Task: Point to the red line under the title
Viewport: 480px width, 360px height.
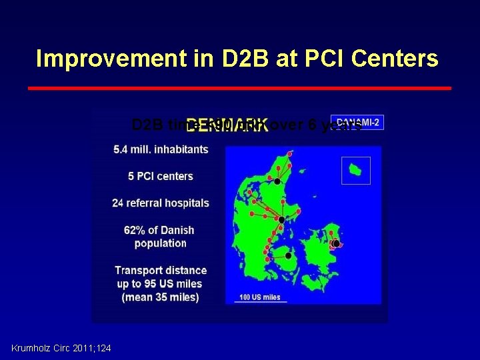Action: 240,87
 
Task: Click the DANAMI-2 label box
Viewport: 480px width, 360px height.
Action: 357,123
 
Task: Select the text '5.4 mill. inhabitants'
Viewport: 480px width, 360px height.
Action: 161,149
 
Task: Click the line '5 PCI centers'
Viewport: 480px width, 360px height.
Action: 161,176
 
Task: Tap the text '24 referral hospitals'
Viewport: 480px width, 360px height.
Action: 161,203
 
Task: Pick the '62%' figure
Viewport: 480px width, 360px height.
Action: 136,230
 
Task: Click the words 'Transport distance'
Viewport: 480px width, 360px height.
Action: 161,270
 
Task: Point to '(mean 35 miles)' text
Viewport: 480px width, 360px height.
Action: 161,297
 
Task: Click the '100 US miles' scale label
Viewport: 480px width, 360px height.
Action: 260,297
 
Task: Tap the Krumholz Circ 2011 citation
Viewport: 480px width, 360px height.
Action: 61,348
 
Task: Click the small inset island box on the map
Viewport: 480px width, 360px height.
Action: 355,170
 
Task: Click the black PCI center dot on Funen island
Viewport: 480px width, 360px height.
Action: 288,255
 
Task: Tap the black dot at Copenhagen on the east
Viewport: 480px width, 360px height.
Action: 336,244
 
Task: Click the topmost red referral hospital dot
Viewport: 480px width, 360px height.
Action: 289,154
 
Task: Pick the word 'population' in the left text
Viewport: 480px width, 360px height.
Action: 161,243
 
